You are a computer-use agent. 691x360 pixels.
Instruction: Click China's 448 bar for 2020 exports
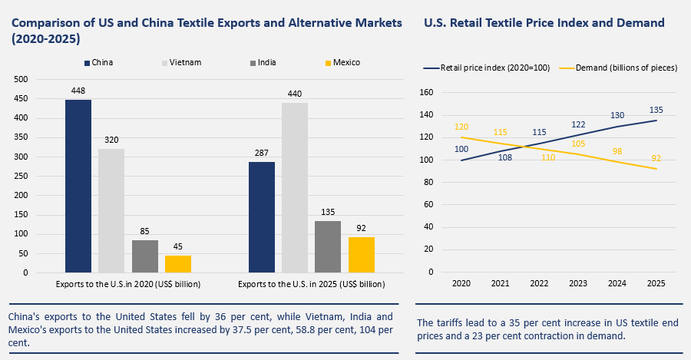click(78, 186)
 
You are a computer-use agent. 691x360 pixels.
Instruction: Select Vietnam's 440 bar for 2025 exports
click(295, 187)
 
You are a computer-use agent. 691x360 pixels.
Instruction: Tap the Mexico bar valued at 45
click(177, 263)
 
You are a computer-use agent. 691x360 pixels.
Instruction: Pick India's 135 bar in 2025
click(328, 246)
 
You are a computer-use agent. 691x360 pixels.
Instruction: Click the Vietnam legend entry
click(183, 62)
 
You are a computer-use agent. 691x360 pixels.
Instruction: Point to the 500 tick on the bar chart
click(21, 79)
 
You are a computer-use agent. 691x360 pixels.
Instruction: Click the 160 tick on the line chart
click(428, 92)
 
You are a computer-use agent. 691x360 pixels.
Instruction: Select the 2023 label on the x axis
click(578, 284)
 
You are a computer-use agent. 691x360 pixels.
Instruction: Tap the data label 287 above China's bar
click(262, 154)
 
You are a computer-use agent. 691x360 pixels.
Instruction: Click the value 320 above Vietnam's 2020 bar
click(111, 140)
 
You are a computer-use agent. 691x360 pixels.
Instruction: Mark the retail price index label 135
click(656, 110)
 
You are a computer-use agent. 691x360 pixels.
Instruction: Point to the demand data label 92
click(656, 158)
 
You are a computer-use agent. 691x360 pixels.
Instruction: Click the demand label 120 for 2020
click(461, 127)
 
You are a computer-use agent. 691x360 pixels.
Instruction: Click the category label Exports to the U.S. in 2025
click(311, 284)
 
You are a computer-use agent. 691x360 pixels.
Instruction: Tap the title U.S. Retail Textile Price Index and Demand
click(544, 23)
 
